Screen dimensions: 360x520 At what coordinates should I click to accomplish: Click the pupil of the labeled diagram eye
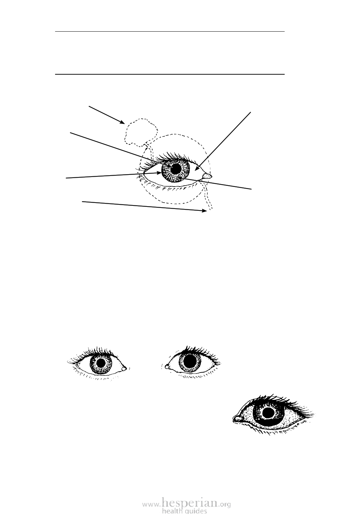click(176, 169)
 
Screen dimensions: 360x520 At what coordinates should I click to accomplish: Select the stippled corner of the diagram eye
click(206, 176)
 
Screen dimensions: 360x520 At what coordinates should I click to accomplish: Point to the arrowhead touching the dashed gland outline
click(122, 122)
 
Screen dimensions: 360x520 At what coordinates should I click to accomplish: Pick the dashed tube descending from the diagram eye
click(208, 196)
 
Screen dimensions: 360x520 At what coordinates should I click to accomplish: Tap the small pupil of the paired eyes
click(101, 363)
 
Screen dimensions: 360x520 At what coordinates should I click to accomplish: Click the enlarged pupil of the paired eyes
click(190, 361)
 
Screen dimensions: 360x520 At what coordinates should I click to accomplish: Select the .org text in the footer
click(225, 503)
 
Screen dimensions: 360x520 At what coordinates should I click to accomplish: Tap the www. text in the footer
click(151, 503)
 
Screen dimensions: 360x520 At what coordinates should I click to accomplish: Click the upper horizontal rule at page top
click(170, 31)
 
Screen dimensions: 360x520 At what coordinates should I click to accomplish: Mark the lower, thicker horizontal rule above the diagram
click(170, 75)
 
